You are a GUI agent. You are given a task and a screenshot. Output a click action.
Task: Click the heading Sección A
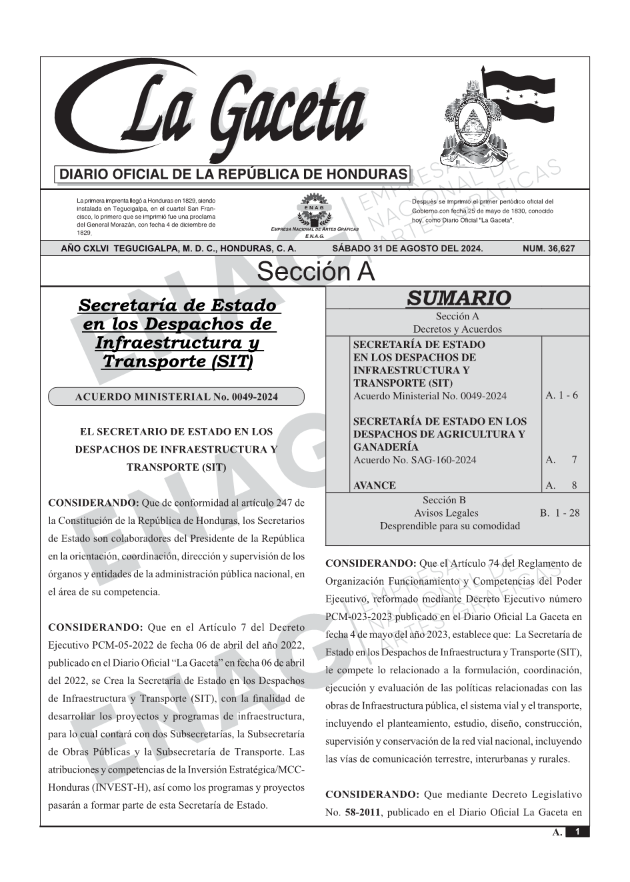pyautogui.click(x=315, y=272)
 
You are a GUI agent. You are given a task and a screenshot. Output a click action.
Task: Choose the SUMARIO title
pyautogui.click(x=458, y=298)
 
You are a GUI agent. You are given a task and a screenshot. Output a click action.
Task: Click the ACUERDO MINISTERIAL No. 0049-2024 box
pyautogui.click(x=176, y=397)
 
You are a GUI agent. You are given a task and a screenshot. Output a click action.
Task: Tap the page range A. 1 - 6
pyautogui.click(x=561, y=395)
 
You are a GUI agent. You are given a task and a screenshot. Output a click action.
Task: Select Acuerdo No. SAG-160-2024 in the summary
pyautogui.click(x=415, y=460)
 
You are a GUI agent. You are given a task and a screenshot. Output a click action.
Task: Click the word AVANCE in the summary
pyautogui.click(x=374, y=485)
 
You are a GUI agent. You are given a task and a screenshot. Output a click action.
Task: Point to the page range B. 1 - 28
pyautogui.click(x=560, y=513)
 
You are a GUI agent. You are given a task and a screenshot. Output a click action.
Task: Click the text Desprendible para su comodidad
pyautogui.click(x=449, y=525)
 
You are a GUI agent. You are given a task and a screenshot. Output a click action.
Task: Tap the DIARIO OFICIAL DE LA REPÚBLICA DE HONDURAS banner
pyautogui.click(x=233, y=175)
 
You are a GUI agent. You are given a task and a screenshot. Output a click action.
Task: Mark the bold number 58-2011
pyautogui.click(x=363, y=813)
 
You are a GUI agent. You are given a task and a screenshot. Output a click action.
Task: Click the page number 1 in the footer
pyautogui.click(x=577, y=832)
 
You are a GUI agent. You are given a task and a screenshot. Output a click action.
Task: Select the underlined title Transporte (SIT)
pyautogui.click(x=177, y=362)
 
